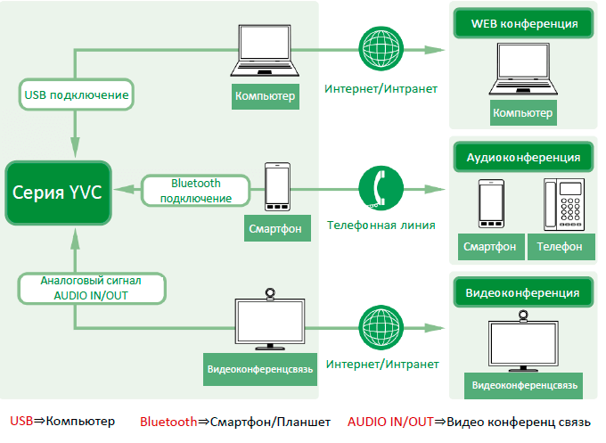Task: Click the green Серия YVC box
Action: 58,193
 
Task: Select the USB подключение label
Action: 75,94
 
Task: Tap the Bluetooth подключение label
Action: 195,190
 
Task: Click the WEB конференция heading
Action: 523,24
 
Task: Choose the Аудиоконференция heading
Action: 523,158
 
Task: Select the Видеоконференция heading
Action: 523,291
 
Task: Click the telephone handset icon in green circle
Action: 381,188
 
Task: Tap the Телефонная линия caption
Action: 381,226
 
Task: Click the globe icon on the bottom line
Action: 381,328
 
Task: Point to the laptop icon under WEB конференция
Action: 523,70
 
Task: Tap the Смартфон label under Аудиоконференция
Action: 490,247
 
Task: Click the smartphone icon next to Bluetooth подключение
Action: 277,187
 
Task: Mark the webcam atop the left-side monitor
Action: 269,294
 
